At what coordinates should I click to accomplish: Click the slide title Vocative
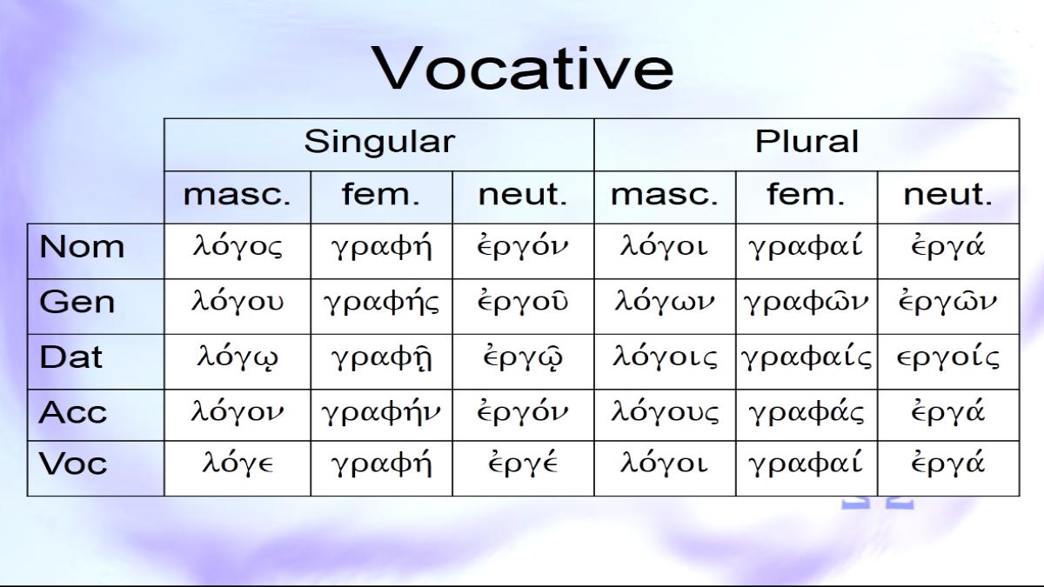[x=522, y=68]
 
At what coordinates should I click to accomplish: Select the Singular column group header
[x=379, y=142]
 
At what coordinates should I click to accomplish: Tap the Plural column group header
[x=806, y=141]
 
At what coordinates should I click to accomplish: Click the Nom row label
[x=82, y=246]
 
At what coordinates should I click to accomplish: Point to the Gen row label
[x=77, y=302]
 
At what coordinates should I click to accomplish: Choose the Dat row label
[x=70, y=357]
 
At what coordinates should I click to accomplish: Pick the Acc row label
[x=73, y=413]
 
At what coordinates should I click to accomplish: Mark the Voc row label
[x=73, y=464]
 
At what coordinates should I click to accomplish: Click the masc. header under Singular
[x=237, y=194]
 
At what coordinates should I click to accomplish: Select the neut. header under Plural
[x=948, y=194]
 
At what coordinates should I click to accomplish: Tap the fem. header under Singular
[x=381, y=194]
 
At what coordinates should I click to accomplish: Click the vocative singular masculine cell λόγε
[x=238, y=463]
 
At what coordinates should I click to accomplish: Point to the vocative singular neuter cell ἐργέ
[x=523, y=463]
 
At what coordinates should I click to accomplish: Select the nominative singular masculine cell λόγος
[x=238, y=247]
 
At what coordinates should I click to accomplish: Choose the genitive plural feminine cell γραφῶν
[x=806, y=302]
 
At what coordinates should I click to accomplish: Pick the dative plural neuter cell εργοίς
[x=948, y=357]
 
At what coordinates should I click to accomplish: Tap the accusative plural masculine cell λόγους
[x=665, y=412]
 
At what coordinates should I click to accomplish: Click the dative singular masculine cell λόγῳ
[x=238, y=357]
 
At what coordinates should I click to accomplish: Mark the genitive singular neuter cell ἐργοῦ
[x=523, y=302]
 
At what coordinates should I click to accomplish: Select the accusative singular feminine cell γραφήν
[x=381, y=413]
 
